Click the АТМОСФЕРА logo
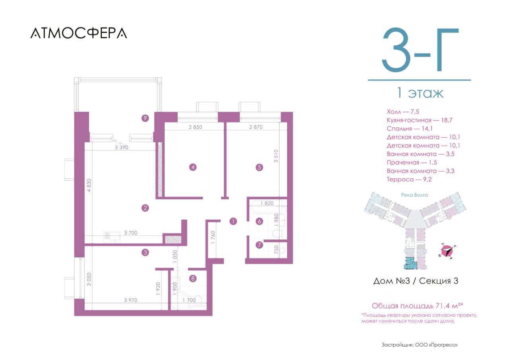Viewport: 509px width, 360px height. [x=79, y=33]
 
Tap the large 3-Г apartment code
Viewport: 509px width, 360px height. [x=420, y=50]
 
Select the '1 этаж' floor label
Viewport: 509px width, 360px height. [x=420, y=93]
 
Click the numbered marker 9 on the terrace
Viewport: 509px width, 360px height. [x=145, y=118]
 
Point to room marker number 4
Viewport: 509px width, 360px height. [x=193, y=167]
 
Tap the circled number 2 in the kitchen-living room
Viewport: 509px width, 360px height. [x=145, y=208]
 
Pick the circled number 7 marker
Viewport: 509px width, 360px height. [x=259, y=245]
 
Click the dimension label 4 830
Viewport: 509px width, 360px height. [x=89, y=185]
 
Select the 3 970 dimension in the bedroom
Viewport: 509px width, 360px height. [x=131, y=300]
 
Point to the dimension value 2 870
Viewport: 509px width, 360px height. [x=256, y=127]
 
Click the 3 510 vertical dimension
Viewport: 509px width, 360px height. [x=276, y=156]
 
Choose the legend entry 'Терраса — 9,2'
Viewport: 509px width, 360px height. [x=409, y=179]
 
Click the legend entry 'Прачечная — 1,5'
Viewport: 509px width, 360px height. [x=412, y=163]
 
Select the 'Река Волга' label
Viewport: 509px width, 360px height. [x=414, y=195]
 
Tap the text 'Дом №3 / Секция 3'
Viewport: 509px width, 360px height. [x=416, y=281]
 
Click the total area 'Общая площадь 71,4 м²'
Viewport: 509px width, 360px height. [x=418, y=306]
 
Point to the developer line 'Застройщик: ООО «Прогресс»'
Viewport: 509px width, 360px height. [x=420, y=345]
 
